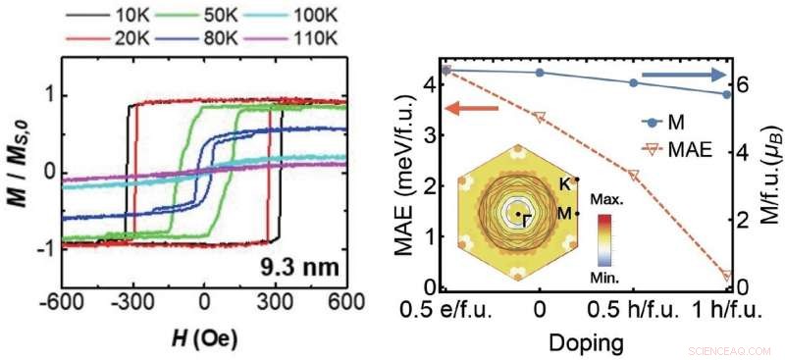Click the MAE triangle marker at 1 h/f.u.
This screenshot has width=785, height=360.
(727, 276)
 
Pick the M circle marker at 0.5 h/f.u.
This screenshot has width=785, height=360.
(633, 83)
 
